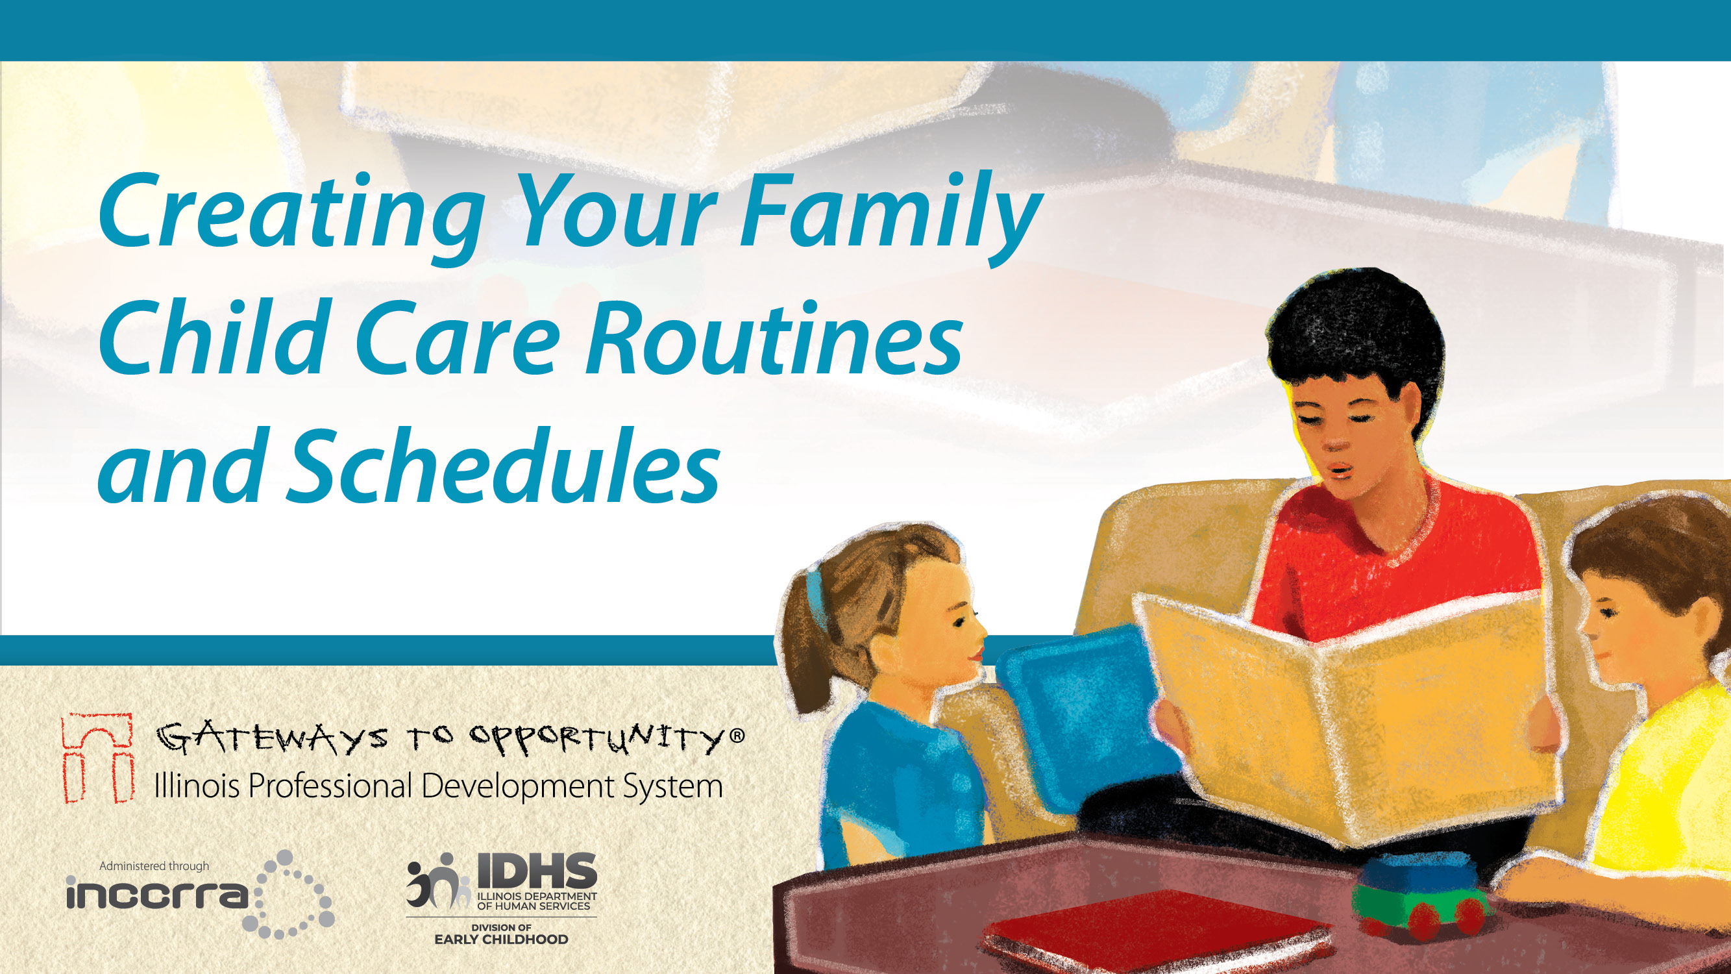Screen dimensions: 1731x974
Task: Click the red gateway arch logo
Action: (x=97, y=758)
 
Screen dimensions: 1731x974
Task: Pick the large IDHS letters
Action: (x=537, y=871)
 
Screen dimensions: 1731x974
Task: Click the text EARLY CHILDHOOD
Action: (x=501, y=940)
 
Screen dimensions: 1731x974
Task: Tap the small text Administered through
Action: (x=154, y=866)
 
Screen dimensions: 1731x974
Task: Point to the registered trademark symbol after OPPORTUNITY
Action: (x=737, y=736)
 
